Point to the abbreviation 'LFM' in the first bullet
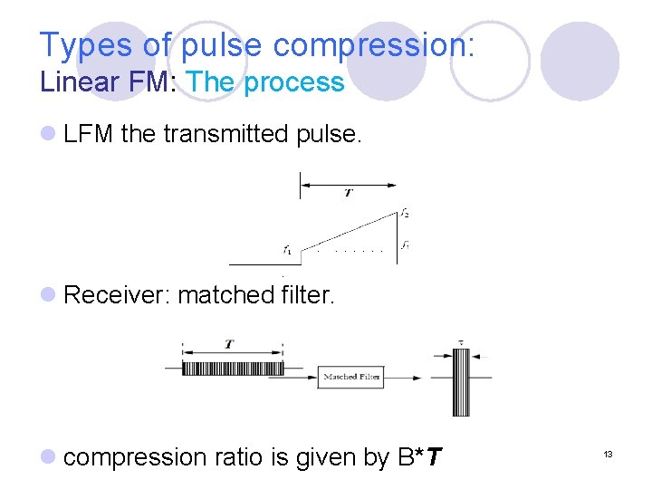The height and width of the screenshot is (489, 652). coord(89,135)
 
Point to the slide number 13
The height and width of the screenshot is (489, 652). coord(609,454)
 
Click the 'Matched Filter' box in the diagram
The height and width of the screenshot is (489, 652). coord(351,377)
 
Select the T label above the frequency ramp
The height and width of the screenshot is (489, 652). coord(349,193)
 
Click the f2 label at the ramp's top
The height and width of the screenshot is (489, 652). coord(405,214)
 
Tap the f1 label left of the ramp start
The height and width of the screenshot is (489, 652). coord(286,249)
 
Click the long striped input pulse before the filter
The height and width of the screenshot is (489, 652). coord(233,369)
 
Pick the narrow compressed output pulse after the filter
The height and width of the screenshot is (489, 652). coord(461,381)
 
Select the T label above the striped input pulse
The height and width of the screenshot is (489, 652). coord(229,344)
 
